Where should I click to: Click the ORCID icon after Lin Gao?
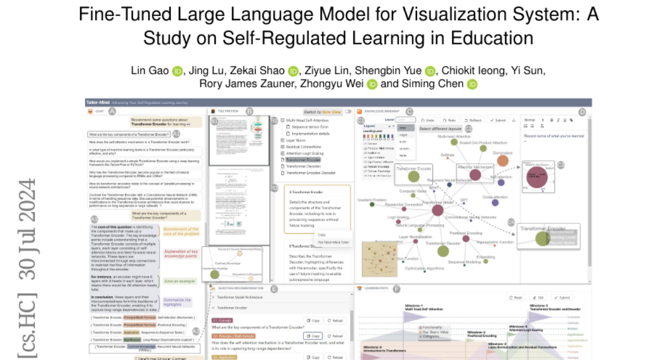point(177,71)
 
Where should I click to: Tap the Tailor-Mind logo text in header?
point(97,103)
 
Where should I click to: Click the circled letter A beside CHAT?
point(112,112)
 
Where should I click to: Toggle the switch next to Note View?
point(349,112)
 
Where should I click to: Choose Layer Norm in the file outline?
point(290,141)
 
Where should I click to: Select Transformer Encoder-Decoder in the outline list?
point(310,173)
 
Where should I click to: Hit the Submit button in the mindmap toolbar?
point(497,120)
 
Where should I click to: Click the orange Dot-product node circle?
point(502,161)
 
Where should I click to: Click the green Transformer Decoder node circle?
point(442,251)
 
